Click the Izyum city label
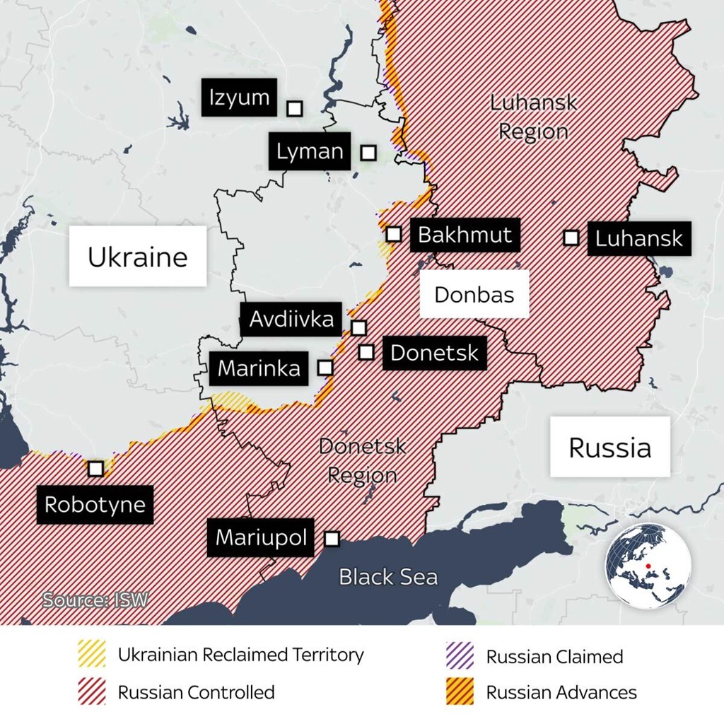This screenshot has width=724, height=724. tap(240, 98)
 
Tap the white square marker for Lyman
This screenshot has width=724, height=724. tap(368, 152)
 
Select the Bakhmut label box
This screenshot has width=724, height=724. tap(465, 235)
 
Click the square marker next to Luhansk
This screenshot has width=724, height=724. tap(571, 238)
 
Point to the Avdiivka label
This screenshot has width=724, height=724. tap(291, 320)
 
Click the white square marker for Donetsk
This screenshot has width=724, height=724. tap(366, 351)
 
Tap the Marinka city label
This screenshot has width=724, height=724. tap(259, 368)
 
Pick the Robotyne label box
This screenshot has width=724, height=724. tap(95, 505)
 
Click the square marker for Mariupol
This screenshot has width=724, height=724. tap(331, 539)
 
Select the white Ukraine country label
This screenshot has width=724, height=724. tap(138, 257)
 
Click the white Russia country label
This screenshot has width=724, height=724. tap(609, 447)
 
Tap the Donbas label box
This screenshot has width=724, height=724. tap(474, 294)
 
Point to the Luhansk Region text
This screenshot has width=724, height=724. tap(533, 117)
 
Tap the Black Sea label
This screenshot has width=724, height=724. tap(388, 577)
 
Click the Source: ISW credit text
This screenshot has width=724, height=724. tap(95, 600)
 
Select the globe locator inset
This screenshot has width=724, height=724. tap(648, 566)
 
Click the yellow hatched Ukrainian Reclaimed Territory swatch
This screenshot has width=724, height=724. tap(93, 655)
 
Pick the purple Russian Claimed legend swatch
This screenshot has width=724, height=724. tap(460, 656)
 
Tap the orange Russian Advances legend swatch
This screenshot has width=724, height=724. tap(460, 692)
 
